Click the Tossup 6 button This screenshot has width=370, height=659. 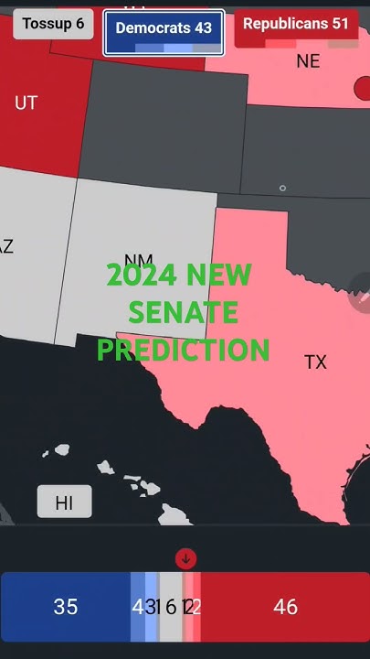(x=53, y=24)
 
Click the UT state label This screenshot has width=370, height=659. (x=26, y=103)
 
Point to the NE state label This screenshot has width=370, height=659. (x=309, y=61)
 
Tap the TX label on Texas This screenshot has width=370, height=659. (x=315, y=362)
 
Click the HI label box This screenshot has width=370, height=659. (x=64, y=502)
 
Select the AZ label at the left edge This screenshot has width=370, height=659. (x=6, y=246)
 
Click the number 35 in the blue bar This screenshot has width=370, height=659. (x=66, y=606)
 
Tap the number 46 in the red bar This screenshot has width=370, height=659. (x=286, y=606)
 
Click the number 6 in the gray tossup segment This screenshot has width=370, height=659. (x=171, y=606)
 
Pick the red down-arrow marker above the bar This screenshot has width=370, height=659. (x=185, y=558)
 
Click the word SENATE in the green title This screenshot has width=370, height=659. (x=183, y=313)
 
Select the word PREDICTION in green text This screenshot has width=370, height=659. (x=184, y=350)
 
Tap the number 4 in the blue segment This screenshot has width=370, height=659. (x=137, y=606)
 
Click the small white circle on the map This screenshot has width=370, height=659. (x=282, y=189)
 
